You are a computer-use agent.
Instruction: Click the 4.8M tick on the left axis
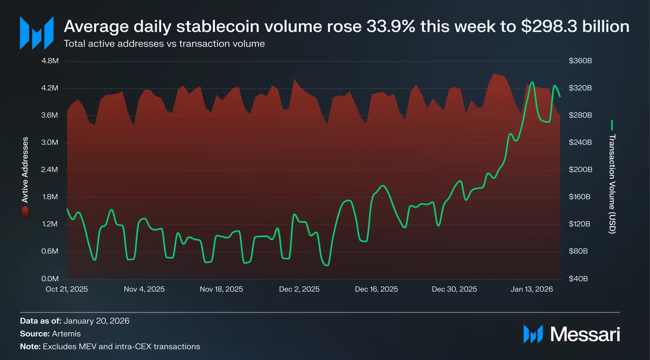pos(50,61)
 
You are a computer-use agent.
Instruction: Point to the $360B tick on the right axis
pos(580,61)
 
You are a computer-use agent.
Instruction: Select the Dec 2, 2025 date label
pos(299,289)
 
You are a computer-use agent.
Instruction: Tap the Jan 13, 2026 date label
pos(531,289)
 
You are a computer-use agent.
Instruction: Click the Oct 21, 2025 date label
pos(67,289)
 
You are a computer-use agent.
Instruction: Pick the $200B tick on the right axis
pos(580,170)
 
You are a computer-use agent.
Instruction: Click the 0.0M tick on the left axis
pos(50,279)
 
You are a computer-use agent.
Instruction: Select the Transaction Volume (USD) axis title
pos(612,184)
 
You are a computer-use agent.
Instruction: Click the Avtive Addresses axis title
pos(25,170)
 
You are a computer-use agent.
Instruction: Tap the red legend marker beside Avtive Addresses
pos(25,212)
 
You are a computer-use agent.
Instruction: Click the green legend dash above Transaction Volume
pos(612,125)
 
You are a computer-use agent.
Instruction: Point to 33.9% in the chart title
pos(391,27)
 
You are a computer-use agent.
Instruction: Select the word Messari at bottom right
pos(585,334)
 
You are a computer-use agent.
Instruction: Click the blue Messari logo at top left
pos(36,33)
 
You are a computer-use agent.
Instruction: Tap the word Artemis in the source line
pos(66,334)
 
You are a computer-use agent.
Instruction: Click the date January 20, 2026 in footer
pos(96,321)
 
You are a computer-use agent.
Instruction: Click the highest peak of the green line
pos(532,83)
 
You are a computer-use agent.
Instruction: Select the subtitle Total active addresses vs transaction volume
pos(164,44)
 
